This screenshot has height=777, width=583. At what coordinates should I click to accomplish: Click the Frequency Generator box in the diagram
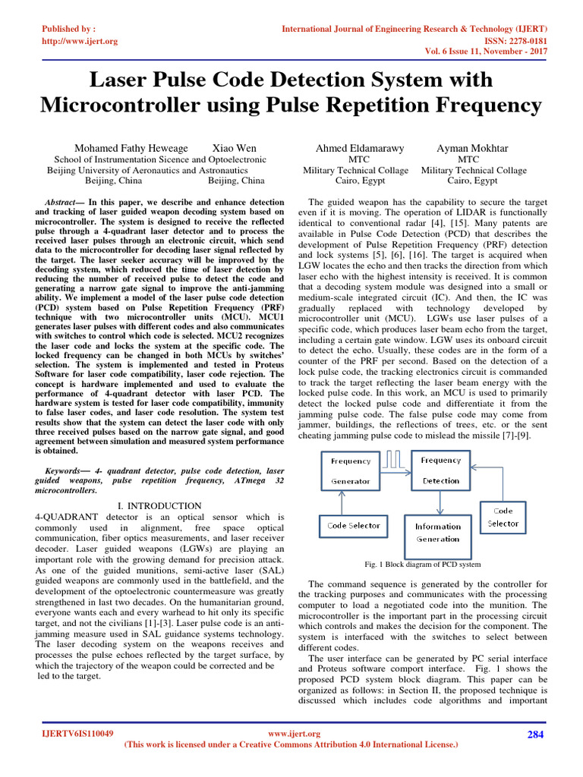(x=351, y=470)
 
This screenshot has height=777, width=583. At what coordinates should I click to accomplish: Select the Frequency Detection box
(x=441, y=470)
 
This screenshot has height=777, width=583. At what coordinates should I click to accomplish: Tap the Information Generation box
(x=437, y=532)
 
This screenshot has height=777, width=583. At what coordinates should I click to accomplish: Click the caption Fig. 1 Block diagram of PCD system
(x=423, y=565)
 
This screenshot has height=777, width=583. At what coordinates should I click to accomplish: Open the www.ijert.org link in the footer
(x=295, y=734)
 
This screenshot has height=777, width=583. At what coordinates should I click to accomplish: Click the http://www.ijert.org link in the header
(x=80, y=41)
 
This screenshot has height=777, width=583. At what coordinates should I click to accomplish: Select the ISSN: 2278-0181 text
(x=515, y=41)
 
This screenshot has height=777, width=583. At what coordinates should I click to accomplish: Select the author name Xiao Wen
(x=234, y=148)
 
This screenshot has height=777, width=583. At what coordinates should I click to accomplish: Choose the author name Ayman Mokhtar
(x=473, y=148)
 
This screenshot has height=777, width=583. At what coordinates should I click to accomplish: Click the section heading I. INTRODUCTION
(x=159, y=505)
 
